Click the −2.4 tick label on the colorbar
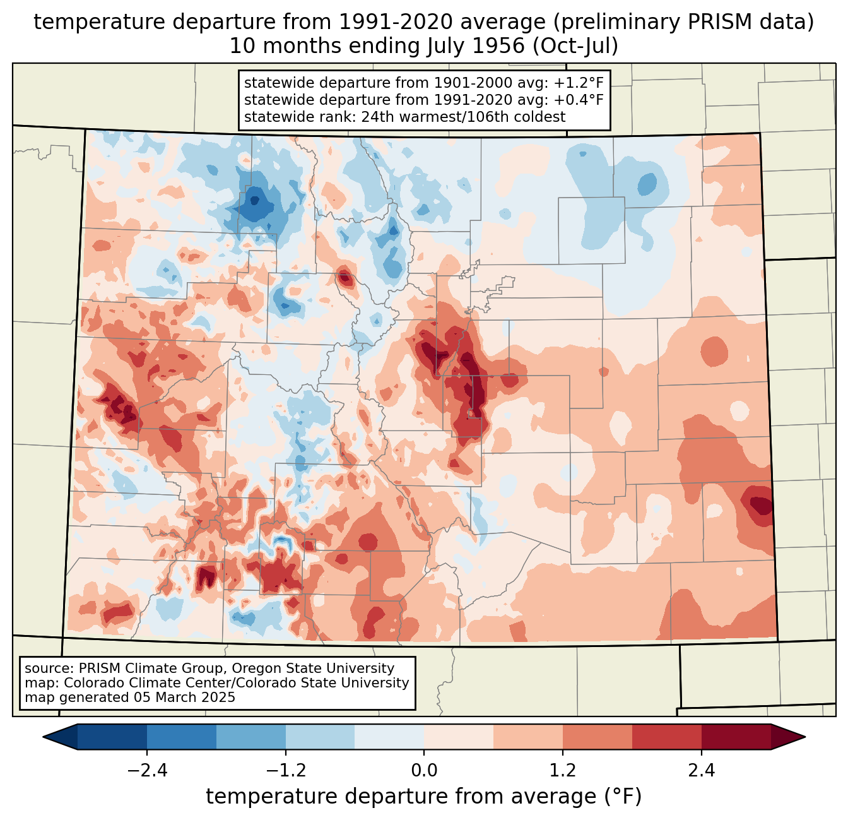tap(147, 770)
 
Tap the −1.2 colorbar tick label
tap(286, 770)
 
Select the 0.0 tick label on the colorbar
tap(424, 770)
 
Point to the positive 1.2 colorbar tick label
tap(563, 770)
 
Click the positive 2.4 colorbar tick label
tap(702, 770)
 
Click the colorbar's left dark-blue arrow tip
tap(43, 737)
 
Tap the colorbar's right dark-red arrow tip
tap(805, 737)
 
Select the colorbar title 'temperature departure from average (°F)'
tap(423, 796)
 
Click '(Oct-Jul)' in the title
tap(575, 46)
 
